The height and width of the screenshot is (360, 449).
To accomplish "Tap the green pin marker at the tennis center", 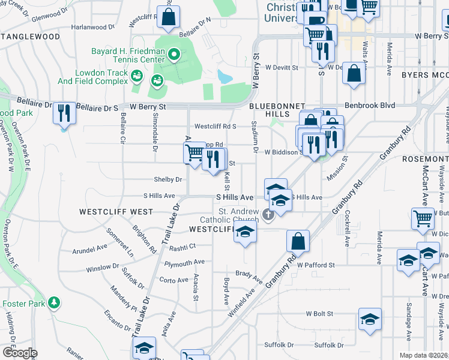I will [x=173, y=56].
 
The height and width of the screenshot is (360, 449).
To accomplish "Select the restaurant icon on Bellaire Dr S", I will [x=65, y=113].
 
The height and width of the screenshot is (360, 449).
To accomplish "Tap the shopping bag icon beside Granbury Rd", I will [x=298, y=242].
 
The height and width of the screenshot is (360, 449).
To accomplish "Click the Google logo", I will [x=19, y=353].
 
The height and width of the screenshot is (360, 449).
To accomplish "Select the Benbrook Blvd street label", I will [x=370, y=105].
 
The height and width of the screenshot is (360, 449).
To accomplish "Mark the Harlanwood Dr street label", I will [x=93, y=27].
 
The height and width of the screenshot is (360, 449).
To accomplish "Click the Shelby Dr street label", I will [x=168, y=179].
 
